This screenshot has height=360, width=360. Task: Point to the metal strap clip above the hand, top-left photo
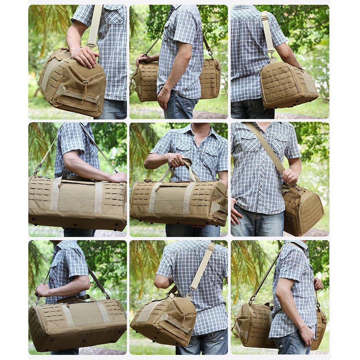tap(91, 46)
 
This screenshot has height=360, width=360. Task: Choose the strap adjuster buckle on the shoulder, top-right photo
tap(264, 17)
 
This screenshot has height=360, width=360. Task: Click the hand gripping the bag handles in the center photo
tap(176, 160)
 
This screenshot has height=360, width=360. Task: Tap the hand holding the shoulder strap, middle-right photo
tap(290, 176)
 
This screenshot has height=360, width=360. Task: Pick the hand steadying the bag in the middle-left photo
tap(118, 178)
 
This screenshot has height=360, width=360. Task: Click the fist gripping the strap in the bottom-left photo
tap(42, 291)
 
